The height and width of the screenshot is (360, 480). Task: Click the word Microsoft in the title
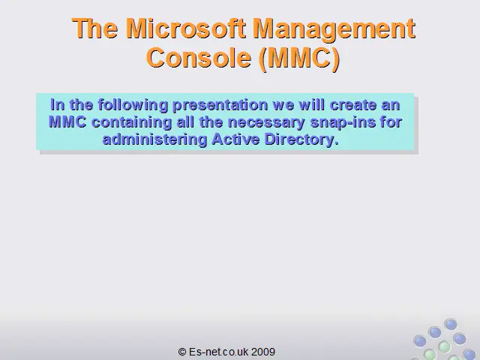point(185,28)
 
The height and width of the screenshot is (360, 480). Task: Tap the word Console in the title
point(199,58)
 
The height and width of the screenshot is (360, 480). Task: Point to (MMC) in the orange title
point(299,58)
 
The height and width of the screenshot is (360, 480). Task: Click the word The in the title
point(95,28)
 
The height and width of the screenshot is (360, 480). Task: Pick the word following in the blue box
point(133,105)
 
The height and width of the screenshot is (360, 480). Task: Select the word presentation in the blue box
point(220,106)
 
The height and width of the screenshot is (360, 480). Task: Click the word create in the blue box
point(353,105)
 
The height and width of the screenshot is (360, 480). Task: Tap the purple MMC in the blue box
point(67,122)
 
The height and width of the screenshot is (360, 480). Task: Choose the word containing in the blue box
point(132,123)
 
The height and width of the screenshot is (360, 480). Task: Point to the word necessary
point(266,123)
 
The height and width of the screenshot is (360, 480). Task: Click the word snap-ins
point(343,123)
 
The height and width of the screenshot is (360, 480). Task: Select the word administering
point(155,140)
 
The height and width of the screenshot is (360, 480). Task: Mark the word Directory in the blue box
point(301,140)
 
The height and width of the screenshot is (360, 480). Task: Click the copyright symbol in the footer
point(182,352)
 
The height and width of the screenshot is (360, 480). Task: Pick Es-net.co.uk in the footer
point(218,352)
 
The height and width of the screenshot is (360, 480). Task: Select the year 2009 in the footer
point(263,352)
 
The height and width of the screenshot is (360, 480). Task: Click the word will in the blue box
point(312,105)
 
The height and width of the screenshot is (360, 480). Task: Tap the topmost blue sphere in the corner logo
point(451,324)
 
